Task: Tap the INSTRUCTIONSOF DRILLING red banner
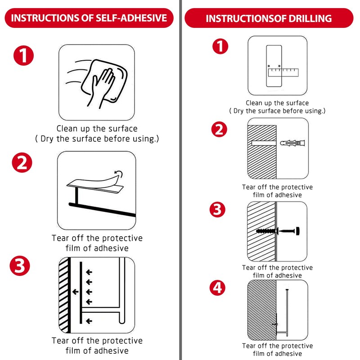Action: click(269, 18)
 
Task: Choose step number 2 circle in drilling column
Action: click(219, 129)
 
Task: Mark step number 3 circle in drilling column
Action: click(218, 209)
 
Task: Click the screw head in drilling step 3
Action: click(297, 231)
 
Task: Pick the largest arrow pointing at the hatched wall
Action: click(75, 292)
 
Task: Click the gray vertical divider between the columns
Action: click(181, 180)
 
